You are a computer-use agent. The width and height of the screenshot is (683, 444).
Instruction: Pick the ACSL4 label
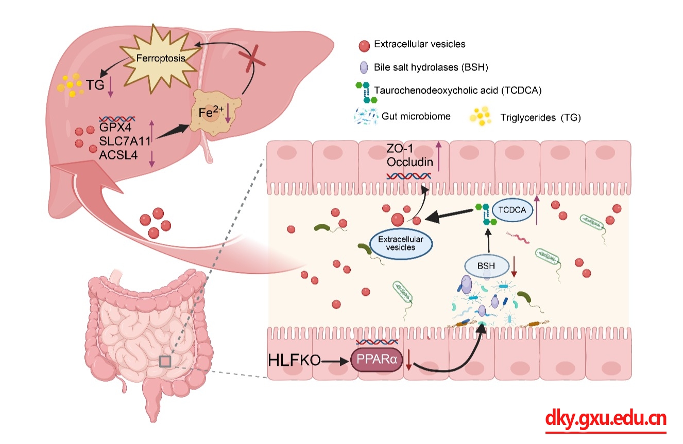118,154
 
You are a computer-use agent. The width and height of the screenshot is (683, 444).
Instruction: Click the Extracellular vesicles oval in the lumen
401,243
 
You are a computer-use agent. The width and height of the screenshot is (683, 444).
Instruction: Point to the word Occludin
410,162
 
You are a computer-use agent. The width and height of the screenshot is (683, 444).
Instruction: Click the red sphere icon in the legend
364,45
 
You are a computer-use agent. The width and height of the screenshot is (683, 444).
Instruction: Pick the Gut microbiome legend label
416,116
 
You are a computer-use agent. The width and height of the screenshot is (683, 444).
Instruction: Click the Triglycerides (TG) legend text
540,118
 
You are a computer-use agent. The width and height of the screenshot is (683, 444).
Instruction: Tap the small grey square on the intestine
165,361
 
